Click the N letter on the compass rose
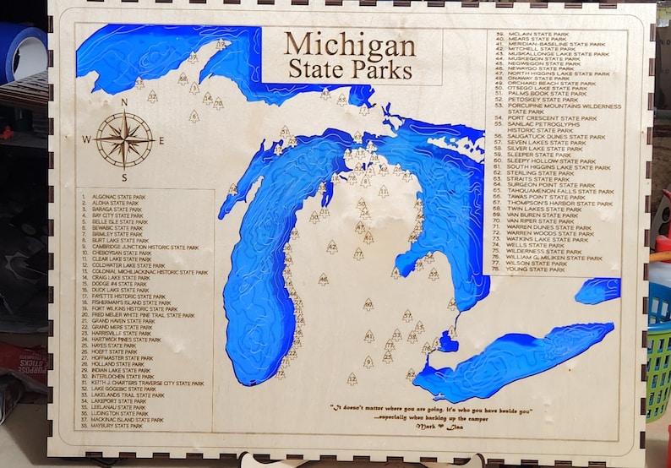(x=124, y=102)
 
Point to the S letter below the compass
(x=124, y=177)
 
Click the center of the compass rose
(x=124, y=140)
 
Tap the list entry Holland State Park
(x=113, y=364)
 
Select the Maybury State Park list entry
(x=113, y=426)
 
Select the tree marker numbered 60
(x=368, y=303)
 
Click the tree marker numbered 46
(x=323, y=278)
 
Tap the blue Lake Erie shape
(x=507, y=359)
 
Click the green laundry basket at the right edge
(x=658, y=355)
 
